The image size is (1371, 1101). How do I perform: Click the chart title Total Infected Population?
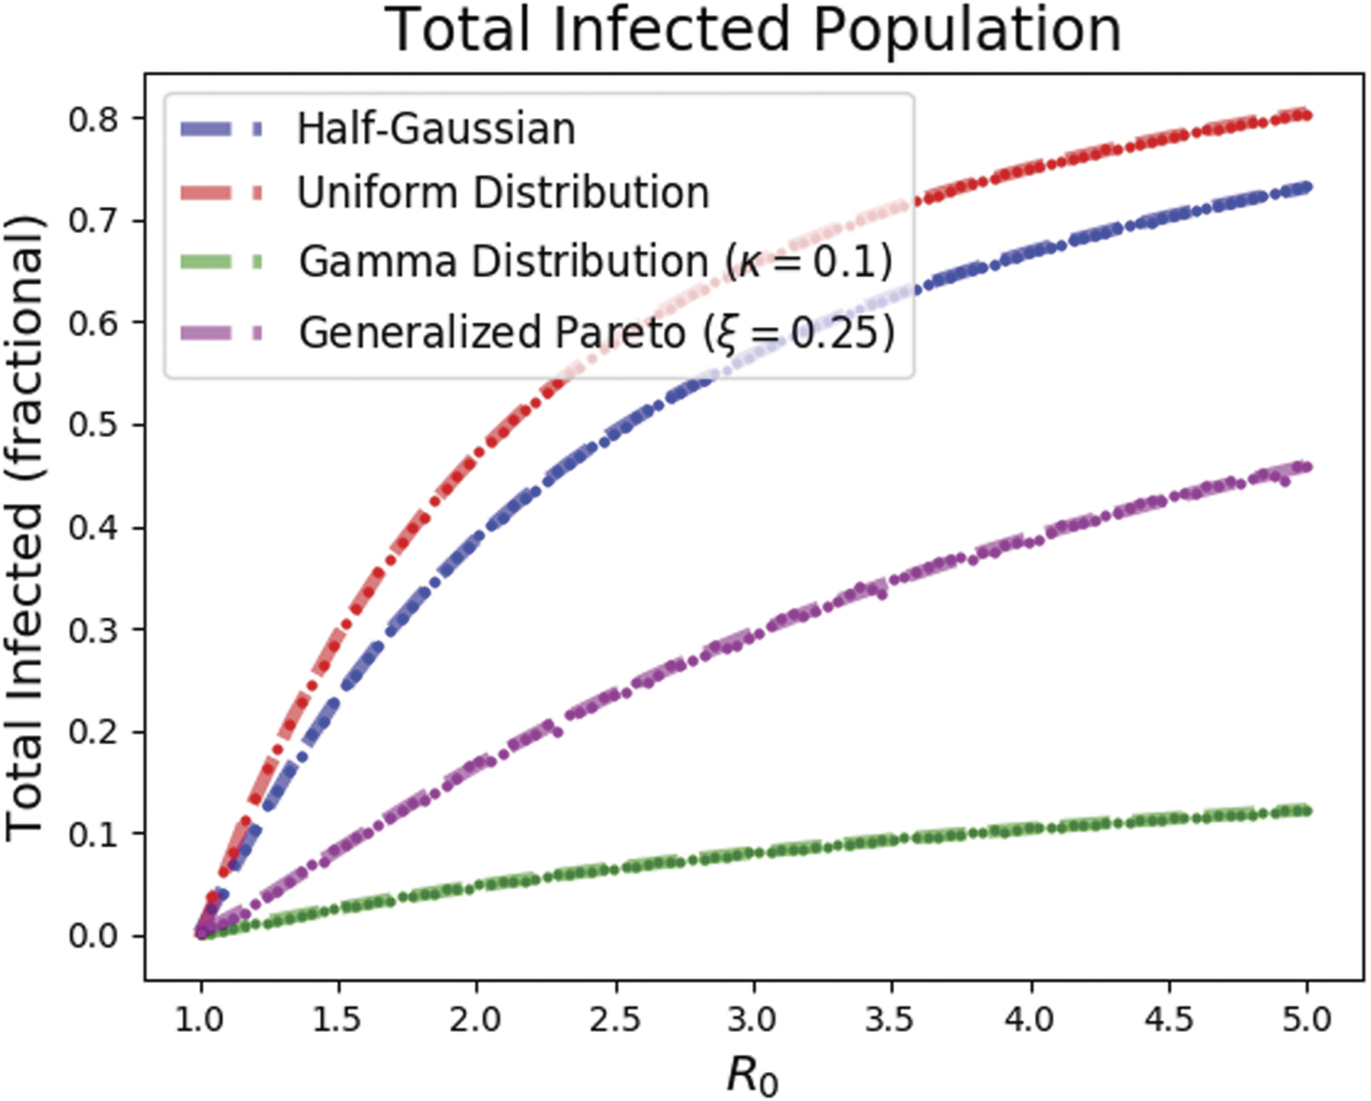coord(753,30)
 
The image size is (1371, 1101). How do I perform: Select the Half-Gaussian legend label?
coord(436,129)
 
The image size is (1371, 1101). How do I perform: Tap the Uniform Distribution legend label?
coord(503,193)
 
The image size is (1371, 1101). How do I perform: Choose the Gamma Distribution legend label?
coord(596,262)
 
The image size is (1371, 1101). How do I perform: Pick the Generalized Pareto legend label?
coord(597,333)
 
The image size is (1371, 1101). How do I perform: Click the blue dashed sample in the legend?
coord(221,129)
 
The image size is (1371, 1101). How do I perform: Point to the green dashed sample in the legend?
coord(221,262)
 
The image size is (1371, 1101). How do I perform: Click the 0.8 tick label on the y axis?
coord(93,119)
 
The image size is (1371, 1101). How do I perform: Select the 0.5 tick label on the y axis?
coord(93,425)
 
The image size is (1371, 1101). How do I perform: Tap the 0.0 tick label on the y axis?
coord(93,935)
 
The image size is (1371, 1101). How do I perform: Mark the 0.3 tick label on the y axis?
coord(93,629)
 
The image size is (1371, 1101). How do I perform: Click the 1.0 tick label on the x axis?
coord(201,1018)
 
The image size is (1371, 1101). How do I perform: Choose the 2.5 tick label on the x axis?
coord(615,1018)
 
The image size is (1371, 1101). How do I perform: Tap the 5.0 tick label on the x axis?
coord(1306,1018)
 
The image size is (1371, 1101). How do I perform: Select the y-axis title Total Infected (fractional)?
coord(26,527)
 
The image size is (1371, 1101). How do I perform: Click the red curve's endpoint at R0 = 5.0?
coord(1306,115)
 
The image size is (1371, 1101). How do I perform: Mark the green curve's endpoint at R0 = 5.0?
coord(1306,810)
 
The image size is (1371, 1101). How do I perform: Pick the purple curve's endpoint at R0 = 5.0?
coord(1306,467)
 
